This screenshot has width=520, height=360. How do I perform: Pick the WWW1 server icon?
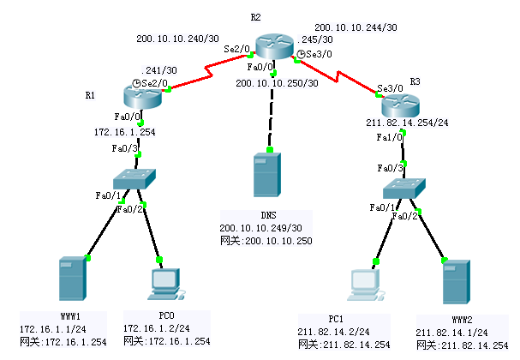(69, 279)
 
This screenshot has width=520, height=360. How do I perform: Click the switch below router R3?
(405, 189)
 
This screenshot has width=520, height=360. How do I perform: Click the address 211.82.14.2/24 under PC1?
(335, 331)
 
